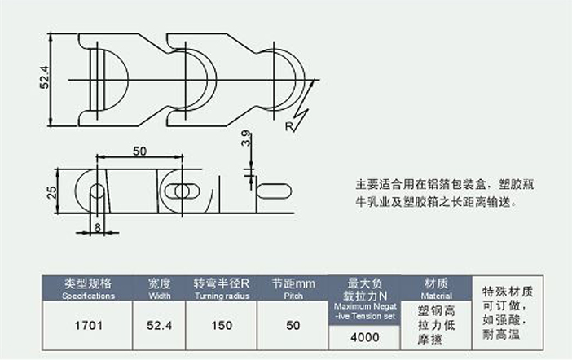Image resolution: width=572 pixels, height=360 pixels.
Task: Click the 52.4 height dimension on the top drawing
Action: (45, 78)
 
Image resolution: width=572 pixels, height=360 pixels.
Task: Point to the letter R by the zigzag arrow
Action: (289, 127)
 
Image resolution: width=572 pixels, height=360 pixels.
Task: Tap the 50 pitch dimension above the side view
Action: (139, 151)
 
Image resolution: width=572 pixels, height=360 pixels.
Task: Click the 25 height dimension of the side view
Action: (51, 192)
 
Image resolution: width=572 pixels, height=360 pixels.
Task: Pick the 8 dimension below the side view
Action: (97, 227)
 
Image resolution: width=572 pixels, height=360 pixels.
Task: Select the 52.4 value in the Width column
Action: (160, 325)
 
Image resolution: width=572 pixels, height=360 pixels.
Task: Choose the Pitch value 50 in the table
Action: (293, 325)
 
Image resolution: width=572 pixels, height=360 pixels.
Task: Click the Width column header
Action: (160, 288)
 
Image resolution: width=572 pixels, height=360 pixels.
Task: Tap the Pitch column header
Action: (293, 288)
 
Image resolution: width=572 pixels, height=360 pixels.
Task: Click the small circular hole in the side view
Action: (97, 192)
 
